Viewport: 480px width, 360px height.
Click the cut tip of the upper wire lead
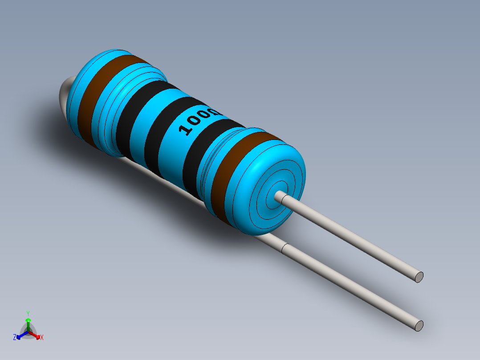click(419, 277)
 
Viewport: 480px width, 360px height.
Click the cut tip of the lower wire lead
click(419, 326)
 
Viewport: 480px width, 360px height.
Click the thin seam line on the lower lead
click(285, 250)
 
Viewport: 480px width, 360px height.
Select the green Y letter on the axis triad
click(28, 313)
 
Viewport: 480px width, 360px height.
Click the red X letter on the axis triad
click(42, 338)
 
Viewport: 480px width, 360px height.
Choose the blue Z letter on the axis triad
click(15, 337)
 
